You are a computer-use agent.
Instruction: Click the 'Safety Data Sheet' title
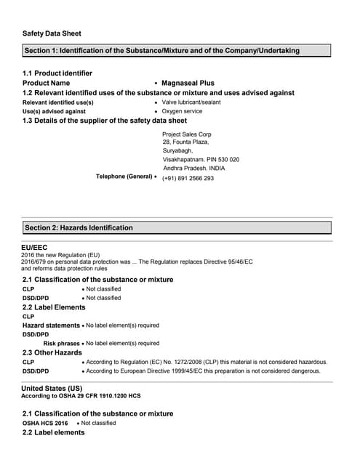click(x=52, y=33)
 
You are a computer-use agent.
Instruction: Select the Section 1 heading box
click(x=177, y=51)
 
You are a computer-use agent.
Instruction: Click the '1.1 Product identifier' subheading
click(x=57, y=73)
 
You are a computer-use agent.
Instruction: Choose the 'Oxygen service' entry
click(x=182, y=112)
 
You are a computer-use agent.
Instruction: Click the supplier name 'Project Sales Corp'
click(x=187, y=134)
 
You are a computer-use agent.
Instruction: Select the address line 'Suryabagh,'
click(x=177, y=150)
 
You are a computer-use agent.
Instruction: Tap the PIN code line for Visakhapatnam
click(x=201, y=159)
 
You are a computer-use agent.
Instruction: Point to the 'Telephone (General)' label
click(x=124, y=177)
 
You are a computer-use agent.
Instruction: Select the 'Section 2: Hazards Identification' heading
click(x=79, y=227)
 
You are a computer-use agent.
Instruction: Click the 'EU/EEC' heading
click(x=34, y=248)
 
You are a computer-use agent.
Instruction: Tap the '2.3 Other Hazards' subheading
click(x=52, y=352)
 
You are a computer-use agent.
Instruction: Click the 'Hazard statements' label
click(x=51, y=325)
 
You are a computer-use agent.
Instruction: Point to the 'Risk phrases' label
click(x=62, y=343)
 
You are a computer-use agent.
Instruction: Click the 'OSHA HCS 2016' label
click(x=45, y=423)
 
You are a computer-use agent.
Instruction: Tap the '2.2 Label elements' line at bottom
click(x=53, y=432)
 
